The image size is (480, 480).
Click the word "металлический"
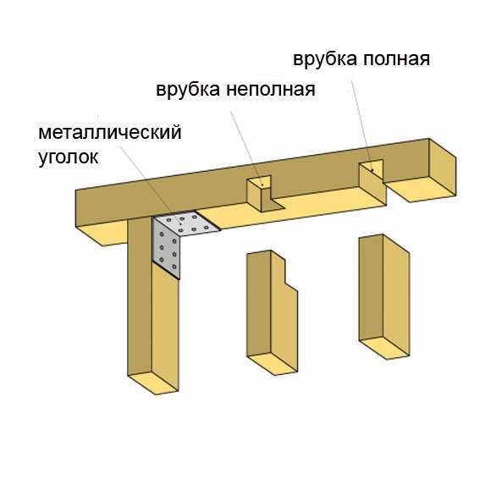(110, 133)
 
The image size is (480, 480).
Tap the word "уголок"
(69, 157)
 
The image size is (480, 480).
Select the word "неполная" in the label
(271, 90)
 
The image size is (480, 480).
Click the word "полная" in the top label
(396, 58)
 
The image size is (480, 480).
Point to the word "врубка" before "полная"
(325, 58)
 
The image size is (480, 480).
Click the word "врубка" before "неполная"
(188, 89)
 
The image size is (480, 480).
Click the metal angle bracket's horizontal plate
(187, 223)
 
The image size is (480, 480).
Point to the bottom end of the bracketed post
(153, 383)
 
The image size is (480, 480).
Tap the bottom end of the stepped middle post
(272, 364)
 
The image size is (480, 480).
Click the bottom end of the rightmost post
(384, 348)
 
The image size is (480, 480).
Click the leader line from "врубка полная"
(361, 124)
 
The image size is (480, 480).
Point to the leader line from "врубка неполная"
(246, 148)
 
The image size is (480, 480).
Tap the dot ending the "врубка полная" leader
(372, 170)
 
